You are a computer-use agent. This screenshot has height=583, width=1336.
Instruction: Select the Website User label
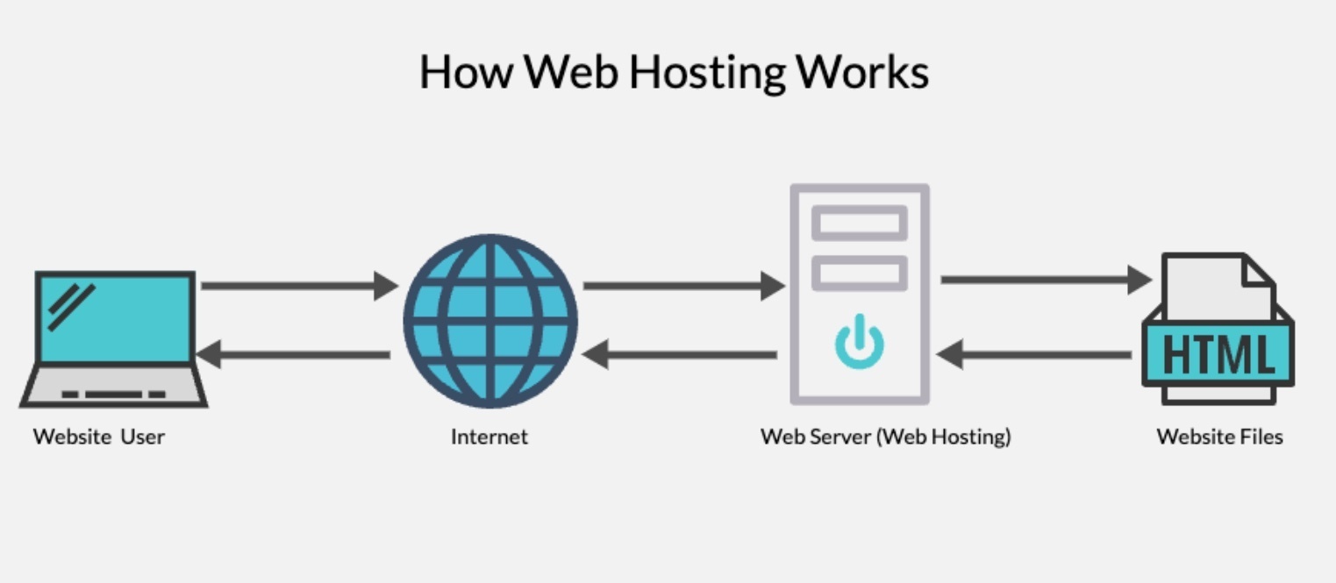[99, 437]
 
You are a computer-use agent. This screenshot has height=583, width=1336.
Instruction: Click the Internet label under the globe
[489, 437]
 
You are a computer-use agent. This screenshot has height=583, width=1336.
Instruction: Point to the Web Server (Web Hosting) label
[885, 437]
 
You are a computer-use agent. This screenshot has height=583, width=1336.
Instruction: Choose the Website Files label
[1219, 437]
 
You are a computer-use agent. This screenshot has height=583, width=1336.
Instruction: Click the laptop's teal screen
[115, 317]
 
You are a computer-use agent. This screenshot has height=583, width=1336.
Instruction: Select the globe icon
[490, 321]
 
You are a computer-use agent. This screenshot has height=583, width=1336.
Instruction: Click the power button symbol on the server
[860, 341]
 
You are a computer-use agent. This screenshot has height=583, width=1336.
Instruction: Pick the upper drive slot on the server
[860, 223]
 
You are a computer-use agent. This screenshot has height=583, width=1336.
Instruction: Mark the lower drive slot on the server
[860, 274]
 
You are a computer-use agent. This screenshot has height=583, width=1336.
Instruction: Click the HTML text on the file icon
[1218, 353]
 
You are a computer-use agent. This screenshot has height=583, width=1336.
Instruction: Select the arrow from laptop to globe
[298, 285]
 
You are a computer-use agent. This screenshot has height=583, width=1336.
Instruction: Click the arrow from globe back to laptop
[294, 355]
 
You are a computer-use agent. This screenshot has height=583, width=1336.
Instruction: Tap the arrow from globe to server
[682, 285]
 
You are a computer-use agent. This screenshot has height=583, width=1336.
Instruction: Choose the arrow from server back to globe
[679, 355]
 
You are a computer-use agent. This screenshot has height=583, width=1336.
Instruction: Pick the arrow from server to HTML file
[1045, 280]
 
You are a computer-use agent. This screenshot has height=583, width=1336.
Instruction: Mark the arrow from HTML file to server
[1034, 355]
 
